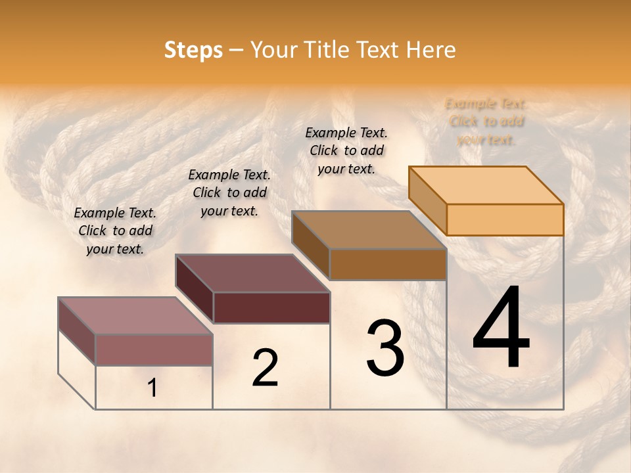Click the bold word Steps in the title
point(193,50)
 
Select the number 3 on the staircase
point(385,348)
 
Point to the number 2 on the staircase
point(265,368)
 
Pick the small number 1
point(152,388)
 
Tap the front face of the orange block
point(505,219)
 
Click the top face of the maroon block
point(252,273)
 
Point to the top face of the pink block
point(135,316)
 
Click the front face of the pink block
point(154,349)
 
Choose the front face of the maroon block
point(271,307)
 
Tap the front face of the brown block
point(388,264)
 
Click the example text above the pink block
point(115,231)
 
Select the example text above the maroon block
point(229,193)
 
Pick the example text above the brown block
point(346,150)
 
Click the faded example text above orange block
point(486,122)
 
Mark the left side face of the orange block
point(428,200)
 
